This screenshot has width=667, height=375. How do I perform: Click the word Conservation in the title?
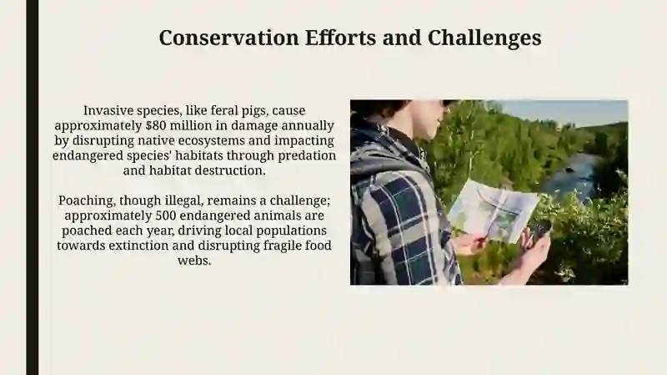228,38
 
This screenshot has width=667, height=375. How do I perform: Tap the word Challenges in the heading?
484,38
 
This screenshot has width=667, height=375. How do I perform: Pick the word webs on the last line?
194,261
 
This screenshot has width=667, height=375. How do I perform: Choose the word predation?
307,155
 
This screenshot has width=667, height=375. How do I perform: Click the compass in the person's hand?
541,231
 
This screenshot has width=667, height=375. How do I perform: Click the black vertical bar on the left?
33,187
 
